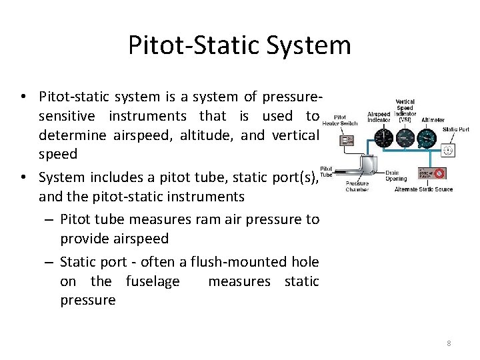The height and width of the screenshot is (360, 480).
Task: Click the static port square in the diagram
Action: [x=449, y=151]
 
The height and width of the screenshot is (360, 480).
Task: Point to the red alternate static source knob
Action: [x=440, y=174]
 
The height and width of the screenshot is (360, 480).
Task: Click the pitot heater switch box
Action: [x=347, y=140]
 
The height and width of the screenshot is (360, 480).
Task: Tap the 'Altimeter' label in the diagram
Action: [x=433, y=120]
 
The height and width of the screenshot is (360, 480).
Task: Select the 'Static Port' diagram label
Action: [x=455, y=129]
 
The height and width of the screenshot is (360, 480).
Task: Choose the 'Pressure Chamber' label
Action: [x=357, y=186]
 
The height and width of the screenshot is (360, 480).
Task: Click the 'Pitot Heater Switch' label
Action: [x=340, y=120]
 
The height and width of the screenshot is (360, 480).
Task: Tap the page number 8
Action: [x=449, y=343]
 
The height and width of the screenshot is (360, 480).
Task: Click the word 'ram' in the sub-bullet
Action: [x=197, y=219]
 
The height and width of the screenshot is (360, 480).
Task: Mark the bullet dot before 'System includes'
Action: [x=23, y=177]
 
